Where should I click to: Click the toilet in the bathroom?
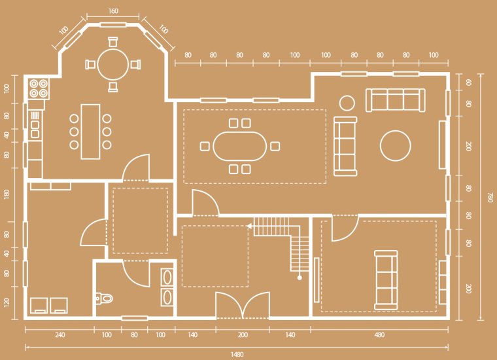point(104,298)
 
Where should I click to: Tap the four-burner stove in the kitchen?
point(39,88)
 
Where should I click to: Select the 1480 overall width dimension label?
point(237,354)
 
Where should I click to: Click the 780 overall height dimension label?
point(490,197)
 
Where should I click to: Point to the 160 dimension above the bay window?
point(113,11)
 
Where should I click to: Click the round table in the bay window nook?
point(113,64)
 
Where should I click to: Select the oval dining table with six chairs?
point(240,146)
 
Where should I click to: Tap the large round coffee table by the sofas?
point(395,146)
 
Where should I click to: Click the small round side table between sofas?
point(347,103)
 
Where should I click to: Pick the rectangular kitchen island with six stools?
point(90,132)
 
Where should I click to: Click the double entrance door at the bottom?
point(243,305)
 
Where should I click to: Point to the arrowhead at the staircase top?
point(249,226)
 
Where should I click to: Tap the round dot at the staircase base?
point(300,278)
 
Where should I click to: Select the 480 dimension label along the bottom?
point(379,334)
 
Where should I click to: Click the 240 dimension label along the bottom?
point(60,334)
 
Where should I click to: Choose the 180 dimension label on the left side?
point(7,194)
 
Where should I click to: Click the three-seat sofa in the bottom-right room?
point(386,280)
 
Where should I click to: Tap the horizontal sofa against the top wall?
point(395,100)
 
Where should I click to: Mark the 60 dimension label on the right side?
point(469,82)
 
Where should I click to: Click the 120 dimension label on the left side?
point(7,302)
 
